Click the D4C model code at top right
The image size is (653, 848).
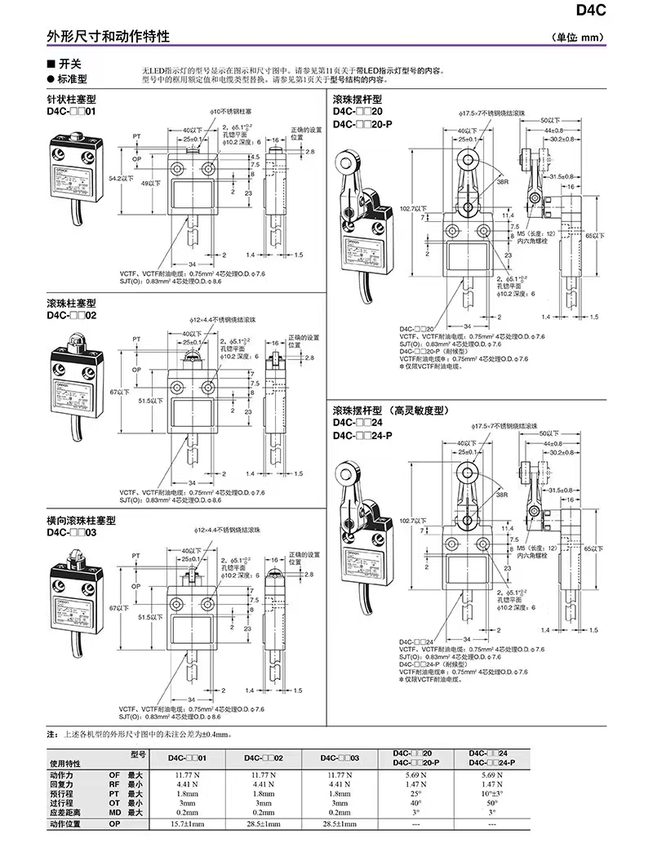tap(624, 11)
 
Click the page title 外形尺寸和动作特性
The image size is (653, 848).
tap(108, 38)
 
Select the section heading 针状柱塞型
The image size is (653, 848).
tap(72, 100)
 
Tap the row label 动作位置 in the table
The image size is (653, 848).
tap(67, 825)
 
